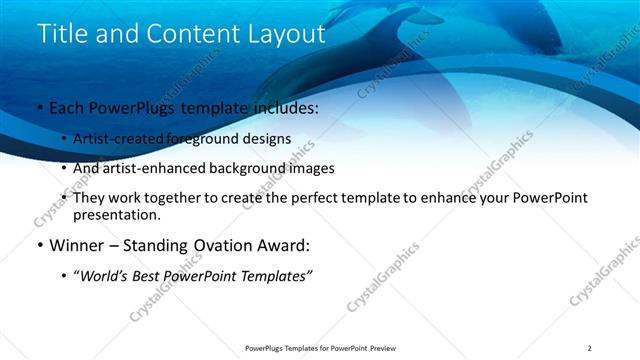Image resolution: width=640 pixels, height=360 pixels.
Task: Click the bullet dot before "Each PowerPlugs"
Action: click(x=39, y=108)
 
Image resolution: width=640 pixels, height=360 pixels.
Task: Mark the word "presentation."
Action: click(x=116, y=215)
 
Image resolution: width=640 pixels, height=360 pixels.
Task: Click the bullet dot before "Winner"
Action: click(x=39, y=245)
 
